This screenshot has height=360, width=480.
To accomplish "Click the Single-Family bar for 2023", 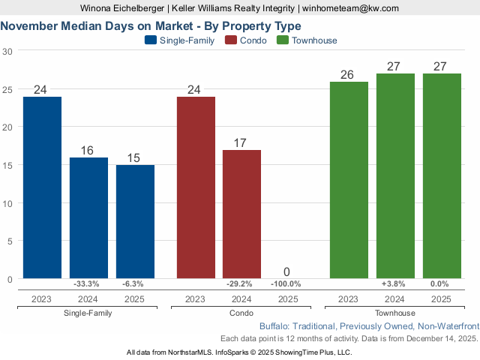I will pos(42,187).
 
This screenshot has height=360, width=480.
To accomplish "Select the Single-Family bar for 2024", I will pos(88,218).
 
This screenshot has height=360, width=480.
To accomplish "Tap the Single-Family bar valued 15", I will pos(135,222).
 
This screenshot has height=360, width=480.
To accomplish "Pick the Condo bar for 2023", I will pos(196,187).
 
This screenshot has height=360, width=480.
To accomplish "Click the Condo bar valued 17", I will pos(241,214).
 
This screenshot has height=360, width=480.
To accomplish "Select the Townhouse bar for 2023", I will pos(349,180).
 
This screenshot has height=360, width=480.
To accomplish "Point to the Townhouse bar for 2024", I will pos(394,176).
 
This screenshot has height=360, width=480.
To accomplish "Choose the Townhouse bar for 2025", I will pos(441,176).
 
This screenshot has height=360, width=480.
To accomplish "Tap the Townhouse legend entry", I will pos(307,40).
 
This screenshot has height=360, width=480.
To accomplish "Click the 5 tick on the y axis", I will pos(10,241).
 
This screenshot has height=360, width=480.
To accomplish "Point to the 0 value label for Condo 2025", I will pos(287,271).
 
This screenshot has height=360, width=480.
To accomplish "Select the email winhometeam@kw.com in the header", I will pos(351,7).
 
